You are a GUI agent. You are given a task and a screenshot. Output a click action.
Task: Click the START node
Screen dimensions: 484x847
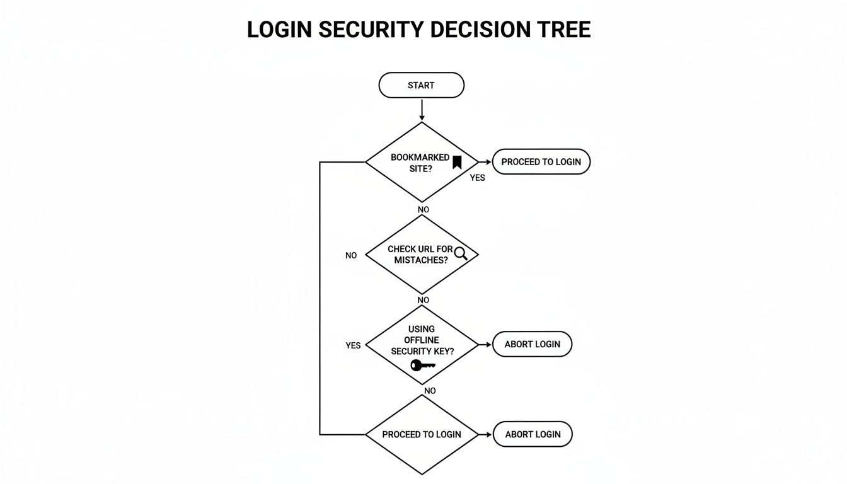tap(421, 85)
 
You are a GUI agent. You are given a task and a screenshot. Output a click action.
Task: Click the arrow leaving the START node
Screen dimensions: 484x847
tap(422, 110)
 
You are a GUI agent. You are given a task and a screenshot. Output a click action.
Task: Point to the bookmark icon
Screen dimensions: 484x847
tap(457, 162)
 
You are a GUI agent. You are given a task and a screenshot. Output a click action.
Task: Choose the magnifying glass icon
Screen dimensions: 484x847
tap(461, 253)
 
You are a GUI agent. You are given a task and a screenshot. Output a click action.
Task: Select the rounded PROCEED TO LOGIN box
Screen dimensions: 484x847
tap(541, 162)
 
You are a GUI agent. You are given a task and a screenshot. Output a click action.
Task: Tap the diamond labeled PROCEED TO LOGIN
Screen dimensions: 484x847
tap(422, 434)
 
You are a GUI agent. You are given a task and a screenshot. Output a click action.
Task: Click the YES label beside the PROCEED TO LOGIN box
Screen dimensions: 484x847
tap(478, 178)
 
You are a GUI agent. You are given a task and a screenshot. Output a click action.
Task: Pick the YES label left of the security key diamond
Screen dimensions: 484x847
tap(353, 345)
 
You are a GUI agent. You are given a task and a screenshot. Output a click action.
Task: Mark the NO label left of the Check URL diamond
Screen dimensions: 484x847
tap(351, 255)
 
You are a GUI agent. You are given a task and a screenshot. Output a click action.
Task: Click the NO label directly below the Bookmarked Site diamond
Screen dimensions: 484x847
tap(423, 209)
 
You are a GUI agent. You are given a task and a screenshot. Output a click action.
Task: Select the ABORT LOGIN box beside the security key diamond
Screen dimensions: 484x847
tap(533, 344)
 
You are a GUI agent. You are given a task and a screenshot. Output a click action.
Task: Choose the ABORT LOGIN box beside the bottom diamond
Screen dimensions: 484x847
tap(533, 434)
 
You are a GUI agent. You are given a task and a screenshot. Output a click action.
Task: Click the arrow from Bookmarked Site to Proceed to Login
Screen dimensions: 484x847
tap(485, 162)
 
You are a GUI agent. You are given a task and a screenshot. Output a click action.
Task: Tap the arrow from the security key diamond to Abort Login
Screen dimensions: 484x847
tap(485, 345)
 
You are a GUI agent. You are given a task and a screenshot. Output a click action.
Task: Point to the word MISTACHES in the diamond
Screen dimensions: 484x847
tap(421, 260)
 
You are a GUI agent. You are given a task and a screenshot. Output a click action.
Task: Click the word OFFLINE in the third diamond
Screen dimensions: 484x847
tap(421, 340)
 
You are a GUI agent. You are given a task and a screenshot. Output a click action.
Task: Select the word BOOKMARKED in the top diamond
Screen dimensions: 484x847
tap(420, 157)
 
